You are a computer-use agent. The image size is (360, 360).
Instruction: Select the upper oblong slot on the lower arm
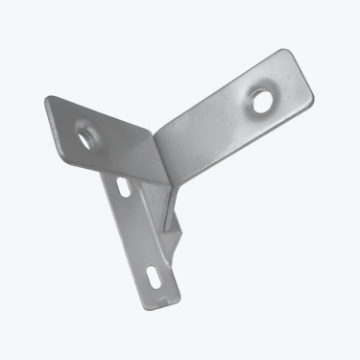point(122,186)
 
